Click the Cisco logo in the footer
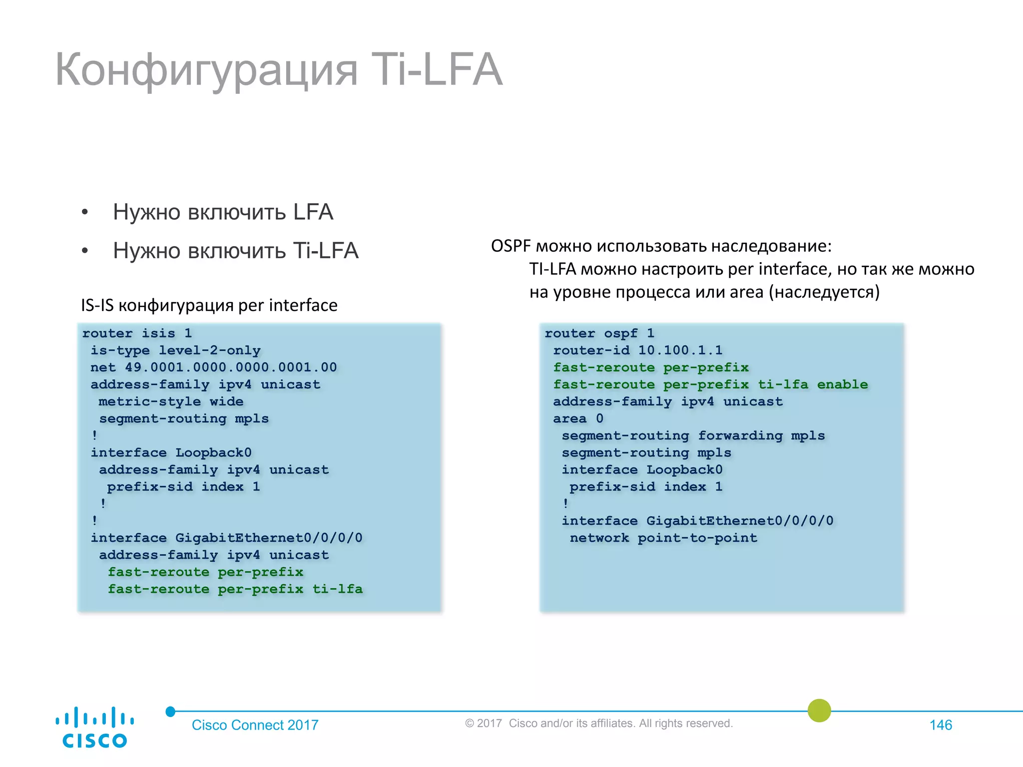click(x=94, y=727)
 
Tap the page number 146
click(x=941, y=725)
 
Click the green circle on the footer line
click(x=819, y=711)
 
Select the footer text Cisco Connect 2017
click(x=255, y=725)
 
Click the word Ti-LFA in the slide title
click(x=437, y=70)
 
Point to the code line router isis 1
click(x=137, y=334)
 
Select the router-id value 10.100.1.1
click(x=680, y=351)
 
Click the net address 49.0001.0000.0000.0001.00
click(x=231, y=368)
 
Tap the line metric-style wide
click(x=171, y=402)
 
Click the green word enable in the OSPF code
click(x=842, y=384)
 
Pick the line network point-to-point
click(x=663, y=538)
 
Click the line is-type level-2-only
click(x=175, y=351)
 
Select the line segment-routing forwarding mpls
click(x=693, y=436)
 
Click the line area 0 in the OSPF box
click(x=578, y=419)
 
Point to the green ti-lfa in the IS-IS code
click(x=337, y=589)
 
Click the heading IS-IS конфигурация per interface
click(x=209, y=305)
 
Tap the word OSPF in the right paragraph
click(x=511, y=246)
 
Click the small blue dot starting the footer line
click(x=170, y=712)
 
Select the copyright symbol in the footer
click(x=469, y=724)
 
